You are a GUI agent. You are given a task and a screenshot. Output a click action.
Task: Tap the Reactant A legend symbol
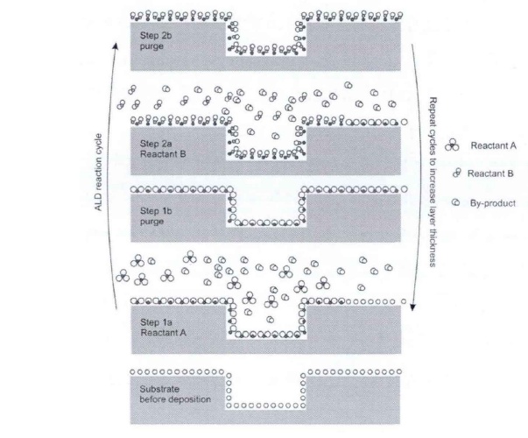pyautogui.click(x=453, y=147)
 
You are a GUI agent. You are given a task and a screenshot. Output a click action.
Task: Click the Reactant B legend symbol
pyautogui.click(x=455, y=173)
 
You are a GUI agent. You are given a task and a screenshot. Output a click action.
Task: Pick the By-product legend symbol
pyautogui.click(x=454, y=202)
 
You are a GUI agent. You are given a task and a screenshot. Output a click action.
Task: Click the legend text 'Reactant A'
pyautogui.click(x=495, y=146)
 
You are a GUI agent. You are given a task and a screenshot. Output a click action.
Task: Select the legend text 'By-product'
pyautogui.click(x=494, y=202)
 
